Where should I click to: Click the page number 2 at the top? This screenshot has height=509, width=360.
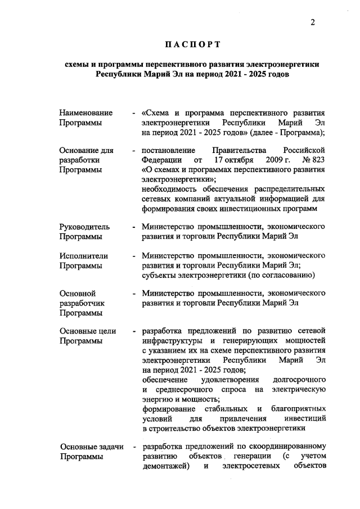tap(313, 22)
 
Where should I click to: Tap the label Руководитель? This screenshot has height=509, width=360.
tap(84, 227)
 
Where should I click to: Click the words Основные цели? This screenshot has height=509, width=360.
tap(87, 331)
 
